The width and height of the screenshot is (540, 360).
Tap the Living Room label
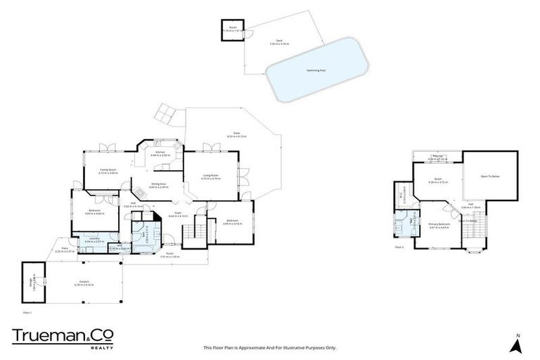point(210,177)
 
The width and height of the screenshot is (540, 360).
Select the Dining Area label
point(158,185)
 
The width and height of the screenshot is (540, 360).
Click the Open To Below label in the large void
point(489,176)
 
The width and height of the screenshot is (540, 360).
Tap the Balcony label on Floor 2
point(437,158)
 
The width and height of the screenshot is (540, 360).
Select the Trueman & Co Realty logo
point(63,337)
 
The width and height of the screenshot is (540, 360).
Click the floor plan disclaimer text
point(270,347)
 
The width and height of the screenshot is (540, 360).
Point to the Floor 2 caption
point(399,247)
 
